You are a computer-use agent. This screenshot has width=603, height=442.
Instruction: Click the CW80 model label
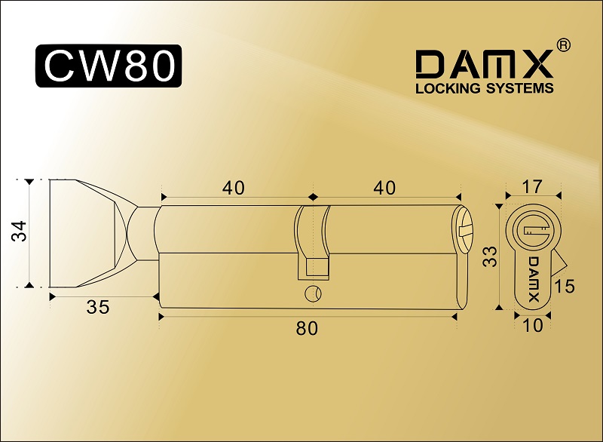109,66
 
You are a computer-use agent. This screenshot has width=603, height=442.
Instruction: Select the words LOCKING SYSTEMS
485,88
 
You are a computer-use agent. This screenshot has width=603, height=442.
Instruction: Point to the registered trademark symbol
563,45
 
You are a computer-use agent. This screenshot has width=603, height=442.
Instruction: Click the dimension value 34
20,231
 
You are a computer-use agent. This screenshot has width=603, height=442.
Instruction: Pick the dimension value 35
98,307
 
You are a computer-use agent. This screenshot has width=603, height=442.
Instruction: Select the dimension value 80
307,328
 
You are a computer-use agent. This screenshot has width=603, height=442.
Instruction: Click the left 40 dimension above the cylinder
234,188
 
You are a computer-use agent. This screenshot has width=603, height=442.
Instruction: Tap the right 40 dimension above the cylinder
384,188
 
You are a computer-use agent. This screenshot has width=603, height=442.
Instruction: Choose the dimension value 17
532,186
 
